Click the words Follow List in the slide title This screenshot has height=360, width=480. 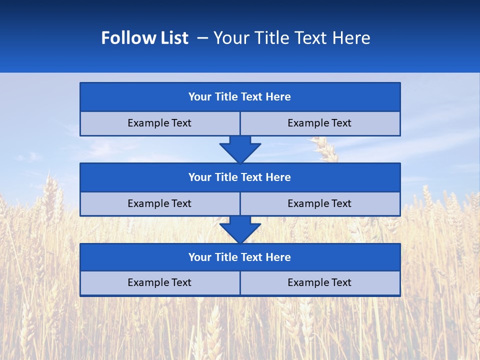[144, 38]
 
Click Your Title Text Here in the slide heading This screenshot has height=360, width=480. [291, 38]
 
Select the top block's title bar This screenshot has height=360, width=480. [239, 97]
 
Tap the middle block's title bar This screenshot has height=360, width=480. [239, 177]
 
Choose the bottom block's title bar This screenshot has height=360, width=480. [239, 257]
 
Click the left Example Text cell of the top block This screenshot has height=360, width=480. [159, 123]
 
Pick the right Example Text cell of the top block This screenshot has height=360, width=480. [319, 123]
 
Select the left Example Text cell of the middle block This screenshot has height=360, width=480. [159, 203]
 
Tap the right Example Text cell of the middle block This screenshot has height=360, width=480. [319, 203]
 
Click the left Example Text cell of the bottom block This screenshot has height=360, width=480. [159, 282]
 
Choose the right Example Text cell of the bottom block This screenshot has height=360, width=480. [319, 282]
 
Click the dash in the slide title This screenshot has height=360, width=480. [202, 38]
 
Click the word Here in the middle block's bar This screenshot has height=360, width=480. [278, 177]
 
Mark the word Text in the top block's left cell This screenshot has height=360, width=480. [181, 123]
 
